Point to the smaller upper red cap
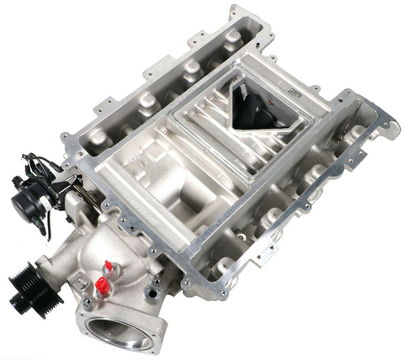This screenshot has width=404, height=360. coord(108,267)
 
